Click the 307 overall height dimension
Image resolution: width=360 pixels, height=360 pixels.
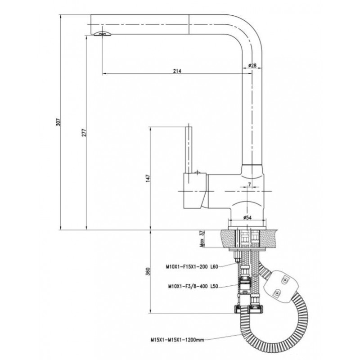tap(58, 122)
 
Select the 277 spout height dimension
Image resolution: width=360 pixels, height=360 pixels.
tap(84, 133)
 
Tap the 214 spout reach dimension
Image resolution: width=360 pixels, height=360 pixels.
tap(177, 71)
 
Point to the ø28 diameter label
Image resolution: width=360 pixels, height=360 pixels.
tap(252, 65)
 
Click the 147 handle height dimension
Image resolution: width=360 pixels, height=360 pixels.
tap(148, 178)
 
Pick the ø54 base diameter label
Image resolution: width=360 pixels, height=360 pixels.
tap(247, 217)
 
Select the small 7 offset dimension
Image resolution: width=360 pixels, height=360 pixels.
tap(249, 184)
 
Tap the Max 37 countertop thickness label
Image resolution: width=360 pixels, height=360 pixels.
tap(202, 239)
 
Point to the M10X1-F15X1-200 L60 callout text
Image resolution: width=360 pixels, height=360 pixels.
tap(192, 267)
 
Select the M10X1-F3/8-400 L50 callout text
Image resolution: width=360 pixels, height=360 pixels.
tap(193, 286)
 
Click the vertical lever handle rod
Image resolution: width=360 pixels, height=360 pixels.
tap(188, 149)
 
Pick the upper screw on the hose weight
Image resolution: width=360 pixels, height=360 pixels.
tap(285, 280)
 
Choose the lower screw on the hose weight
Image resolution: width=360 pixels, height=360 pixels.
tap(277, 293)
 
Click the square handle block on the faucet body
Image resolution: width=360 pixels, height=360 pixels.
tap(195, 190)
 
